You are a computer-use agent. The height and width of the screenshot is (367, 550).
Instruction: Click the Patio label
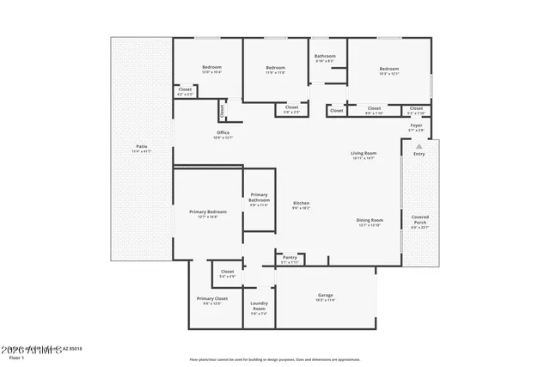[x=141, y=147]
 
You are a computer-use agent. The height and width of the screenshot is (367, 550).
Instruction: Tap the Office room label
[x=223, y=132]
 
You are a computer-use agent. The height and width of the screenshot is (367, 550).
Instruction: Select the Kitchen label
[x=301, y=203]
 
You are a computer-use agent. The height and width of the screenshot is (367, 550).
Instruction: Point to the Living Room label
[x=364, y=154]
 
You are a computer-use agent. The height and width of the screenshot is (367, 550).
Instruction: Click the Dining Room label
[x=370, y=220]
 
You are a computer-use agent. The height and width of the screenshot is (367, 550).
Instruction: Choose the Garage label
[x=325, y=295]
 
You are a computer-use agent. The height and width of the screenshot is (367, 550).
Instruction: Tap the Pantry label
[x=290, y=257]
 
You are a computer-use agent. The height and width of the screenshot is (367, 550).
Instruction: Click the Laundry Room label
[x=260, y=306]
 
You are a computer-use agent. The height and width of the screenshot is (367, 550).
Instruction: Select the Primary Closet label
[x=211, y=299]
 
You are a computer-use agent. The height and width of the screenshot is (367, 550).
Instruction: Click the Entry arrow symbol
[x=419, y=147]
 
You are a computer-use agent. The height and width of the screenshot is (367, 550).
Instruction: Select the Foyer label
[x=415, y=125]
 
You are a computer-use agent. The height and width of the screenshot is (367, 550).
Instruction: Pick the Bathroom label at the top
[x=325, y=57]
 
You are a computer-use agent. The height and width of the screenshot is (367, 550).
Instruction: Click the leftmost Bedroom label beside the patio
[x=211, y=68]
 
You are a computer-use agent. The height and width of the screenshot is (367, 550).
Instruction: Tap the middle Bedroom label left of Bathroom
[x=275, y=68]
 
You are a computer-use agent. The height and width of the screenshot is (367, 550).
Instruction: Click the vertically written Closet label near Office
[x=222, y=109]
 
